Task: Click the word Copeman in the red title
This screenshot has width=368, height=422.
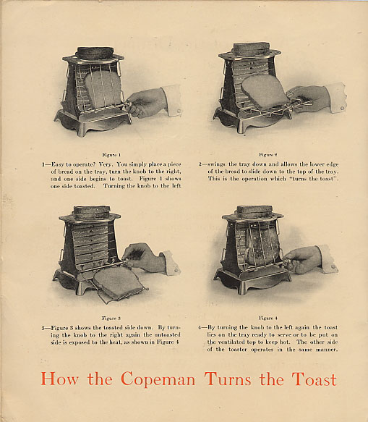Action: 158,379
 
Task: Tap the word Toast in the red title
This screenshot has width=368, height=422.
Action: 314,379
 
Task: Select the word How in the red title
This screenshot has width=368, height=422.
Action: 59,379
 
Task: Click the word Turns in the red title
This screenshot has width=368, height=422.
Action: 228,379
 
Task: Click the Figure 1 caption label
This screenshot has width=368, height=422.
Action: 111,155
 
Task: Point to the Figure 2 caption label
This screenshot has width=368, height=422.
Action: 268,154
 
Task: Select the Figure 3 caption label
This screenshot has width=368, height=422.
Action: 111,318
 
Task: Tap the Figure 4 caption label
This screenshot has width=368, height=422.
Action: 268,318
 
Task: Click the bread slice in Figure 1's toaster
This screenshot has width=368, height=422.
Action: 103,89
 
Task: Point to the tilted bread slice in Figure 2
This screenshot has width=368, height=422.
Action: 265,91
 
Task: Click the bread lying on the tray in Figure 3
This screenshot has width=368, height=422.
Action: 119,283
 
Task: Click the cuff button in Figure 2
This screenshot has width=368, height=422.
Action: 342,108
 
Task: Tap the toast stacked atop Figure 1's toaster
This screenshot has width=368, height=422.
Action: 95,53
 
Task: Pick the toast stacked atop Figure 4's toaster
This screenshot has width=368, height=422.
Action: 254,211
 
